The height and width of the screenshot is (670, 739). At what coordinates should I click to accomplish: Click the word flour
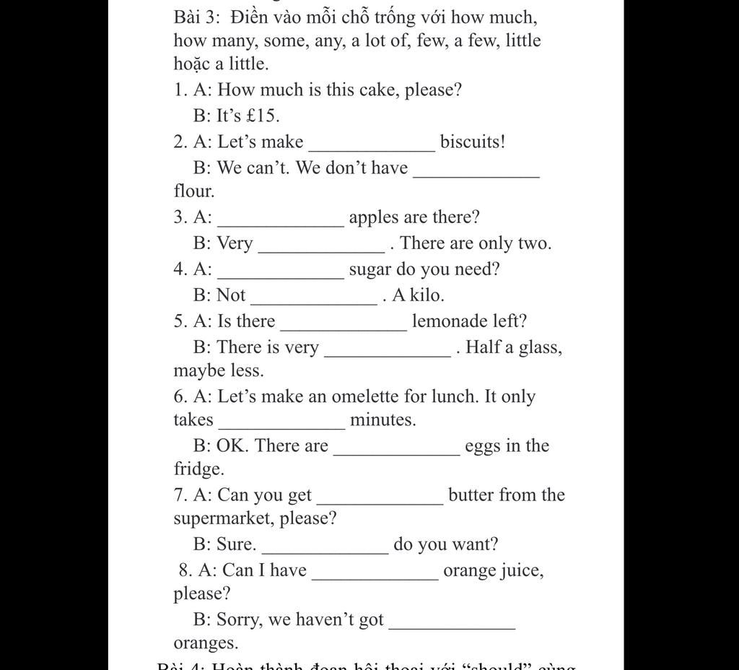coord(193,191)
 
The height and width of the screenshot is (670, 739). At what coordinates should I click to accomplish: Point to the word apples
coord(375,218)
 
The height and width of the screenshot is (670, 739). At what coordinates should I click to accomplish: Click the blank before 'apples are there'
coord(281,222)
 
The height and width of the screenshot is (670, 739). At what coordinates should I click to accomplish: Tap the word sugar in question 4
coord(370,270)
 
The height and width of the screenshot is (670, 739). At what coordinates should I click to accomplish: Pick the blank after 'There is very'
coord(388,353)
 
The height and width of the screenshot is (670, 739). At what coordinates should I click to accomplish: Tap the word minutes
coord(382,420)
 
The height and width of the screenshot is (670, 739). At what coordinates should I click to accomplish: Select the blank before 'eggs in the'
coord(397,451)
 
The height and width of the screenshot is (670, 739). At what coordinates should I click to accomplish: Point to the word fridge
coord(198,469)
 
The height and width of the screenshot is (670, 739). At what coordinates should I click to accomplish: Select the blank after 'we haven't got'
coord(452,625)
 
